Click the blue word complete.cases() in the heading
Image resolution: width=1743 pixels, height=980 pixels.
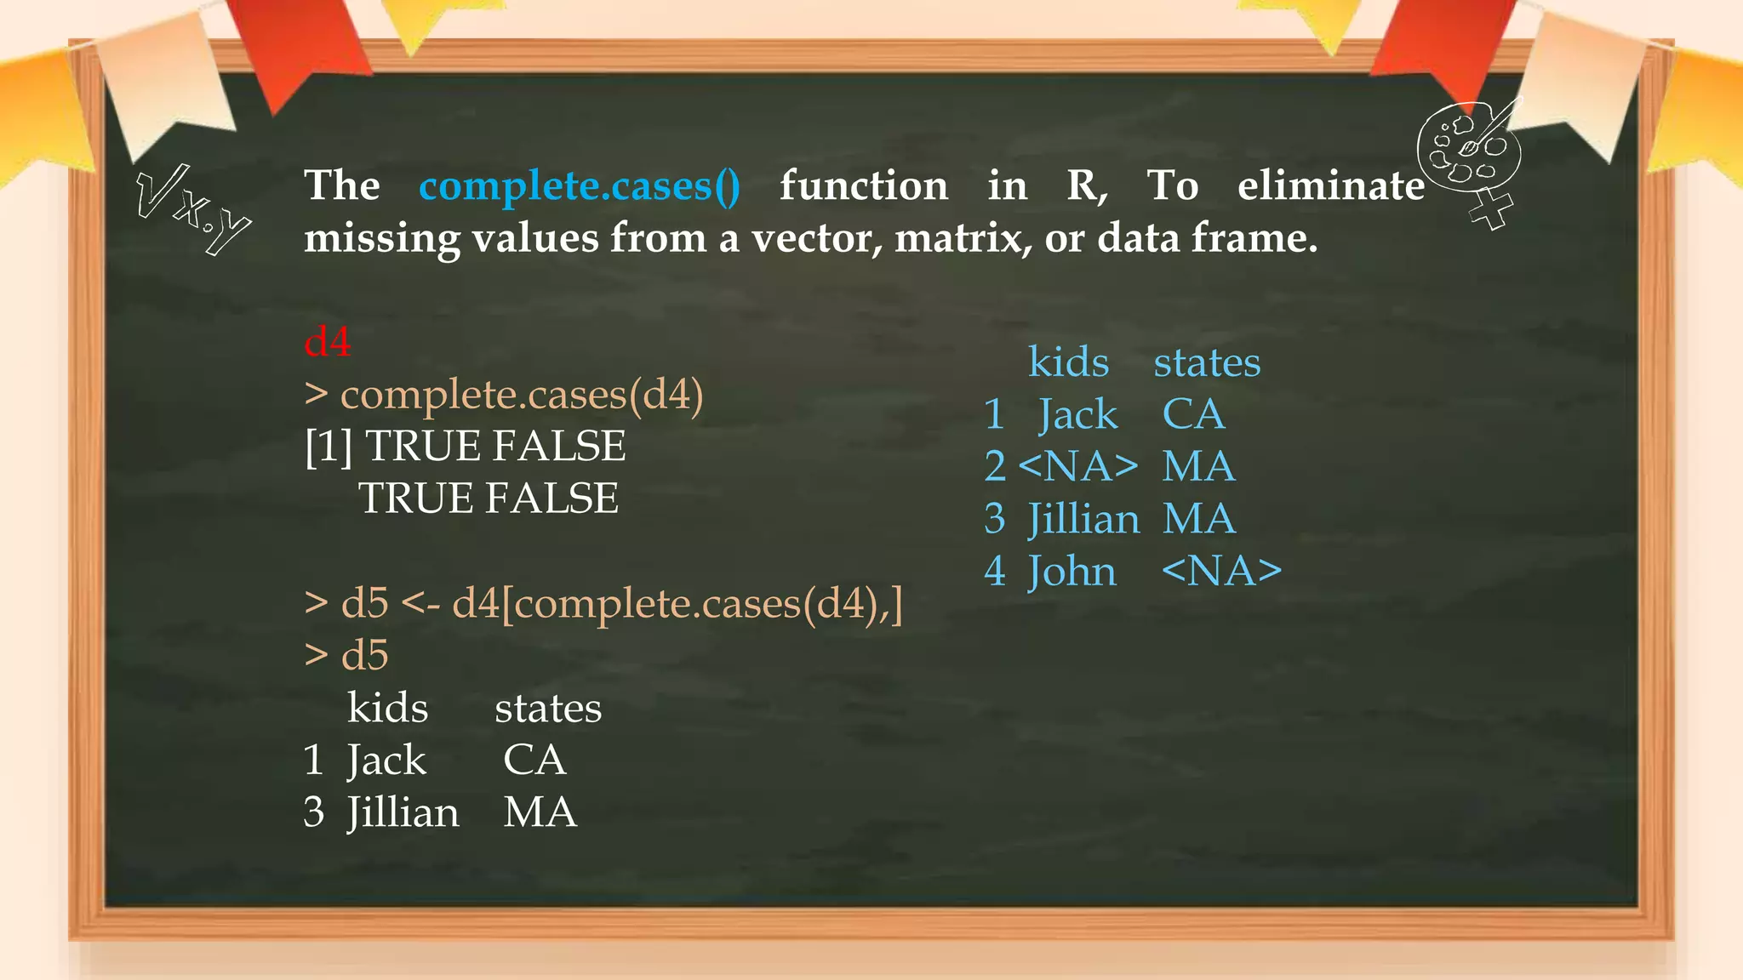pyautogui.click(x=579, y=186)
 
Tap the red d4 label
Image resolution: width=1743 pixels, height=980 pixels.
pyautogui.click(x=328, y=342)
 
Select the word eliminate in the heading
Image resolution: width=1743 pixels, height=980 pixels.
pyautogui.click(x=1330, y=185)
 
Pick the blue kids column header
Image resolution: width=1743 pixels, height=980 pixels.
pyautogui.click(x=1068, y=362)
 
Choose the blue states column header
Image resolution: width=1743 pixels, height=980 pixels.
pyautogui.click(x=1207, y=362)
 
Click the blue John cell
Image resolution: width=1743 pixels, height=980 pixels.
pyautogui.click(x=1072, y=571)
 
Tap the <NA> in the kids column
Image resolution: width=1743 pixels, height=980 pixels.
pyautogui.click(x=1077, y=467)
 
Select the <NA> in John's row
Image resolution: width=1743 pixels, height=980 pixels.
pyautogui.click(x=1221, y=571)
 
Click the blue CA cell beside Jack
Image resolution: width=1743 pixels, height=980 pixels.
pyautogui.click(x=1193, y=415)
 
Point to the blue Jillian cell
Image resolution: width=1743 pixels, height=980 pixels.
pyautogui.click(x=1083, y=519)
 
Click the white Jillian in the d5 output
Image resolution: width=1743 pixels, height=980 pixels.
pyautogui.click(x=403, y=812)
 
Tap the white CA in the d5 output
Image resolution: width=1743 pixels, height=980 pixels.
pyautogui.click(x=534, y=761)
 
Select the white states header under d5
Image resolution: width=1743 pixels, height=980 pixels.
pyautogui.click(x=548, y=709)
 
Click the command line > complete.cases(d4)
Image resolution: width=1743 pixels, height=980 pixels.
pyautogui.click(x=504, y=395)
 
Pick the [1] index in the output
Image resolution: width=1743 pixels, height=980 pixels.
pyautogui.click(x=329, y=447)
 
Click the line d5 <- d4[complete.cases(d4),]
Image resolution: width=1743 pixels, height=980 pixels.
pyautogui.click(x=603, y=604)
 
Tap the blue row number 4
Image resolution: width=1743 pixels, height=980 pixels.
pyautogui.click(x=994, y=571)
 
